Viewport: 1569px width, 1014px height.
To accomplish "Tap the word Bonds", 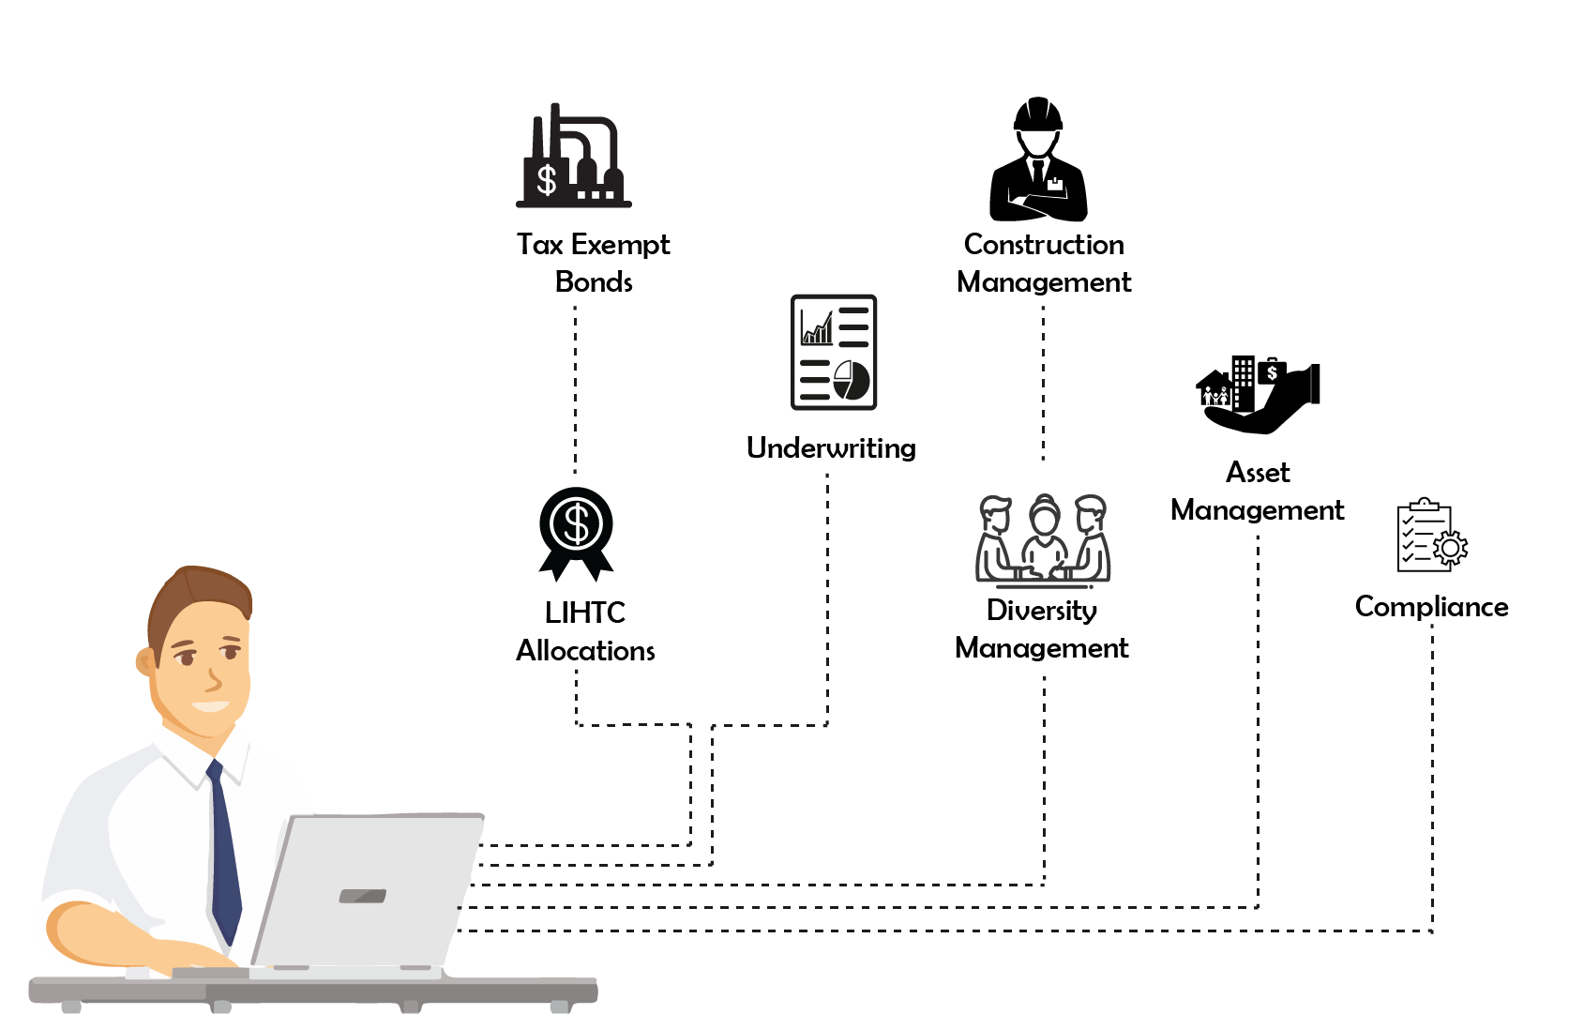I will [x=594, y=282].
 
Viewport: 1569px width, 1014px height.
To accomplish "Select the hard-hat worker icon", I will [x=1038, y=161].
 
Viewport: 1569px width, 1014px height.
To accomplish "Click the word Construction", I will [x=1044, y=245].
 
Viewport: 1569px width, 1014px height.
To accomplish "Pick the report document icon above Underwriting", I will [x=833, y=353].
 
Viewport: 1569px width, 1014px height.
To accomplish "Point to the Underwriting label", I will [x=831, y=448].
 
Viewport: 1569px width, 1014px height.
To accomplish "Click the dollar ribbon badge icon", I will [x=576, y=531].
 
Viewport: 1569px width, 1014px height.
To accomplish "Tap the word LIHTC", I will [x=584, y=613].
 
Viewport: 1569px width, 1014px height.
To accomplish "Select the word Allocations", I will [x=585, y=651].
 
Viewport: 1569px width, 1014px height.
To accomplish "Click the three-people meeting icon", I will [x=1043, y=540].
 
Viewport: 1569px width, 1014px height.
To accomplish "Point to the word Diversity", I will [x=1042, y=611].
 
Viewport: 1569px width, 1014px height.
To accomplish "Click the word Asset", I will [x=1258, y=473].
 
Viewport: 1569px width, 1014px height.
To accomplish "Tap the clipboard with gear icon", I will [x=1431, y=537].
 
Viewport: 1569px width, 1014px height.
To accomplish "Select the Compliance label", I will [x=1431, y=607].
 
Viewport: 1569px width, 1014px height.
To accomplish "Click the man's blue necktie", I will [x=224, y=854].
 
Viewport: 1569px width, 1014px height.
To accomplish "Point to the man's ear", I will [x=146, y=662].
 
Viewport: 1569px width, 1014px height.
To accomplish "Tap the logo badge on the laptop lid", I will [x=362, y=896].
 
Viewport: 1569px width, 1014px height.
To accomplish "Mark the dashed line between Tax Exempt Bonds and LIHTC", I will [x=575, y=389].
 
